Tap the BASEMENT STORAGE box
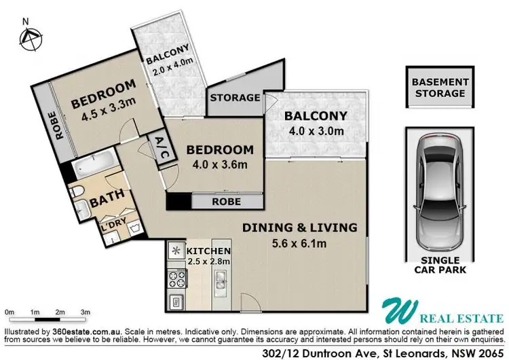pos(439,88)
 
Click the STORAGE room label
pos(235,98)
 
